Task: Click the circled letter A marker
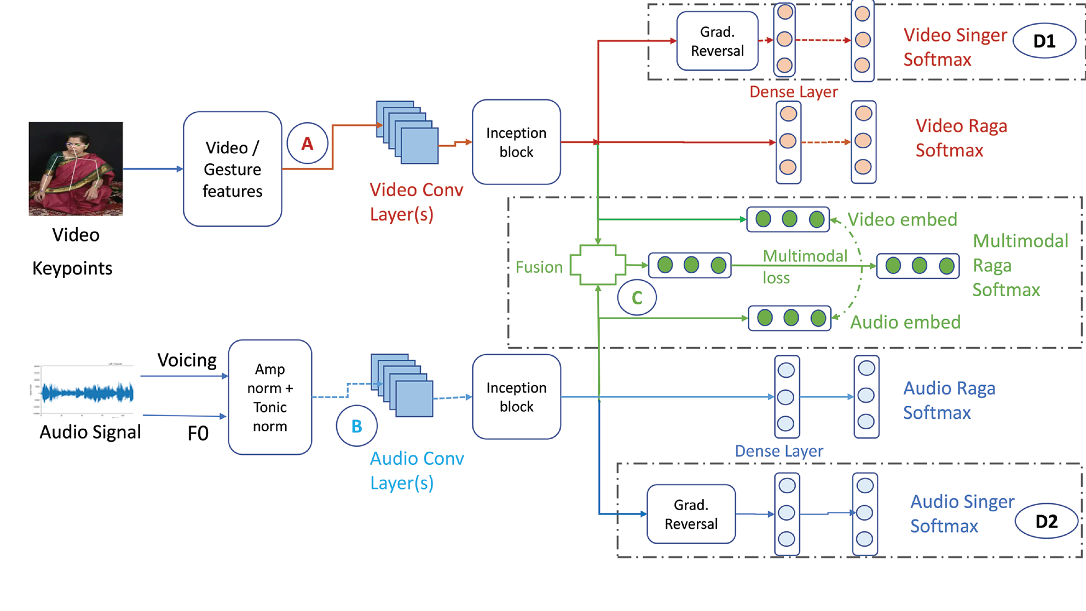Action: pos(307,143)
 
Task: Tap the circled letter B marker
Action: pos(356,426)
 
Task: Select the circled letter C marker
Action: pos(637,297)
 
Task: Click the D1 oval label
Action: pos(1044,41)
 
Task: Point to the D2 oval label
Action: pos(1046,521)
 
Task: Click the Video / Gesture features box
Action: pos(233,169)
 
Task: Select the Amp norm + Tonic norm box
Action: pos(270,397)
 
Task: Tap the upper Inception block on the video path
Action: pos(516,142)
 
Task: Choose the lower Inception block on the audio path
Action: pos(516,397)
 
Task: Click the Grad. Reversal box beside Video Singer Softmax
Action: pos(717,41)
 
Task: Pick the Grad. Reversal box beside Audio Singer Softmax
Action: pos(691,514)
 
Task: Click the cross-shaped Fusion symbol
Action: pos(598,265)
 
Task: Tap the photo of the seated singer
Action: pos(76,169)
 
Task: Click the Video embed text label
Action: pos(902,220)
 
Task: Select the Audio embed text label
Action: pos(905,322)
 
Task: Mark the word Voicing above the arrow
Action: pos(187,360)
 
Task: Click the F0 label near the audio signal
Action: pos(198,434)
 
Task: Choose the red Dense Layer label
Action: pos(793,92)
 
